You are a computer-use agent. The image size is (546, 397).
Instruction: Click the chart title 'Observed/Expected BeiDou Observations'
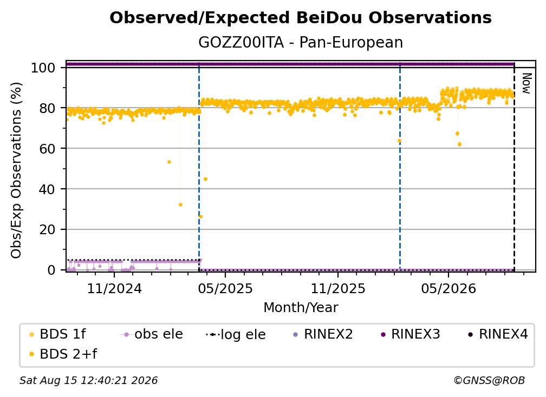(301, 18)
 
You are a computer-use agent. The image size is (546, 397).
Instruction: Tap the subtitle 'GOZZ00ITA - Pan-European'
(301, 42)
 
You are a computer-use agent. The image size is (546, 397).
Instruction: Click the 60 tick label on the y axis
(47, 149)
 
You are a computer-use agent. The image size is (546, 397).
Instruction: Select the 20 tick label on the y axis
(47, 229)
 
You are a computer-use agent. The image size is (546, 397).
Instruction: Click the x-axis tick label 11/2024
(114, 288)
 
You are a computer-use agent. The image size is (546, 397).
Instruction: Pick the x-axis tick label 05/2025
(225, 288)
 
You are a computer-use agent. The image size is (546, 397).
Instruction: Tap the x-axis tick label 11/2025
(338, 288)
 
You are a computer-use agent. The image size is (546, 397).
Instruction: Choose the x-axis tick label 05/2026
(448, 288)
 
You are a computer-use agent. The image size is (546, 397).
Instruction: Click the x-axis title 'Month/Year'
(301, 308)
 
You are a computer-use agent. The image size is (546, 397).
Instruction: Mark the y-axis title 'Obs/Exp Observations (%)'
(16, 170)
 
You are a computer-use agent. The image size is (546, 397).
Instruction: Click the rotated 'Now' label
(526, 83)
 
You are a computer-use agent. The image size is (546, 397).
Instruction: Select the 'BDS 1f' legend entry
(57, 334)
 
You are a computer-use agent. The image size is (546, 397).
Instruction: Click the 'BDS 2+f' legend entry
(63, 354)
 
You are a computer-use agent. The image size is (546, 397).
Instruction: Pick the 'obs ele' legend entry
(152, 334)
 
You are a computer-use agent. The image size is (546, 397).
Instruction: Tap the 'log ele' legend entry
(236, 334)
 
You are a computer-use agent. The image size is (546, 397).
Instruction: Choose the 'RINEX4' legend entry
(498, 334)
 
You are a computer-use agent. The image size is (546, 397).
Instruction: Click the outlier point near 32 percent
(180, 205)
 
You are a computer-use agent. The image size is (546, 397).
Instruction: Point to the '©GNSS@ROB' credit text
(489, 380)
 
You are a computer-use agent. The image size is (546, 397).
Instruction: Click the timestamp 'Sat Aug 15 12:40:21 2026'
(88, 380)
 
